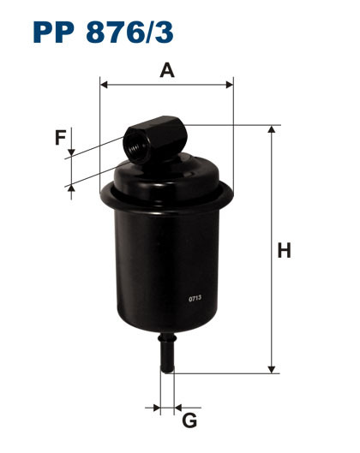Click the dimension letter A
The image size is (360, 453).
tap(167, 70)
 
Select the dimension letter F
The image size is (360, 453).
tap(60, 138)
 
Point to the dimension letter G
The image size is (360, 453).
tap(189, 420)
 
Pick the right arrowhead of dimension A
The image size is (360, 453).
tap(229, 84)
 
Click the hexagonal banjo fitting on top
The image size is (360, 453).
tap(154, 139)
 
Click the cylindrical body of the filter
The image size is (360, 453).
tap(166, 265)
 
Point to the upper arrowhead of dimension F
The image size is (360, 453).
tap(72, 152)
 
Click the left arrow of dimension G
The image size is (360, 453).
tap(157, 405)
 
